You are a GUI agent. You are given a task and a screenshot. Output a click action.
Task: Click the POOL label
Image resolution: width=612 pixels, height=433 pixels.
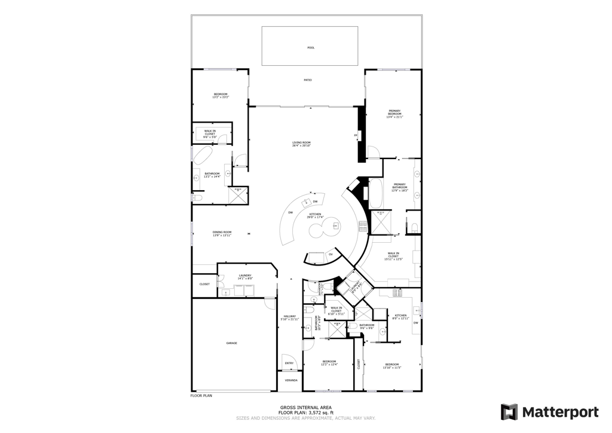310,48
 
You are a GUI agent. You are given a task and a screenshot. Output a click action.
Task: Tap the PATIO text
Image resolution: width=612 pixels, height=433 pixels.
307,80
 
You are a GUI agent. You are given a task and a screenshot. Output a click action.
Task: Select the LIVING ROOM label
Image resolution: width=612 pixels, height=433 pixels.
301,144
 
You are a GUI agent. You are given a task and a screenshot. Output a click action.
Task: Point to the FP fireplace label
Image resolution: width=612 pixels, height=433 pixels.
356,136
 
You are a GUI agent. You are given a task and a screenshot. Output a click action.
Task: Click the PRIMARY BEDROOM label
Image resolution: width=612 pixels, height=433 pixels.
394,114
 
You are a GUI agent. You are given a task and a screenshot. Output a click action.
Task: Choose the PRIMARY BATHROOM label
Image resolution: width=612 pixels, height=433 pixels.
399,187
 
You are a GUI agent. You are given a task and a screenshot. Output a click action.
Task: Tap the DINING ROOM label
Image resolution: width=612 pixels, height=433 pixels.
222,233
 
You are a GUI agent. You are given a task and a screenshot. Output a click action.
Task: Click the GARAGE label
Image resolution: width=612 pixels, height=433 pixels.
231,343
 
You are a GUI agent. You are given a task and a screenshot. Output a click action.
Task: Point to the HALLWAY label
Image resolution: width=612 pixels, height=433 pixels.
290,318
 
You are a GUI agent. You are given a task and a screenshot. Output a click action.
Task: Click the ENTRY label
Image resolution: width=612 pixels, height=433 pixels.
289,363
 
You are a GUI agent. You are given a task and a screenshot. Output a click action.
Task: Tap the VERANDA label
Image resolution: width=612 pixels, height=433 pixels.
290,380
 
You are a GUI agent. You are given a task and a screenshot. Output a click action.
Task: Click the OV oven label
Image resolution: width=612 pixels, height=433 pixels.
331,255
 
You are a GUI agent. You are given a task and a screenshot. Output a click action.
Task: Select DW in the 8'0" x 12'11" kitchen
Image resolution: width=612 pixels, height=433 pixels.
415,323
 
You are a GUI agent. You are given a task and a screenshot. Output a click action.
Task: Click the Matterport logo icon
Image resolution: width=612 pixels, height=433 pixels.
509,412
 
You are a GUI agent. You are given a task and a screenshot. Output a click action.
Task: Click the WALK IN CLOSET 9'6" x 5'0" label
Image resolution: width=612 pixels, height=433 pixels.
210,133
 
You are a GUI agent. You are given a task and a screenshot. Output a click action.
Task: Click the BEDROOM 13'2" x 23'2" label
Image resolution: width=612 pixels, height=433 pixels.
221,95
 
